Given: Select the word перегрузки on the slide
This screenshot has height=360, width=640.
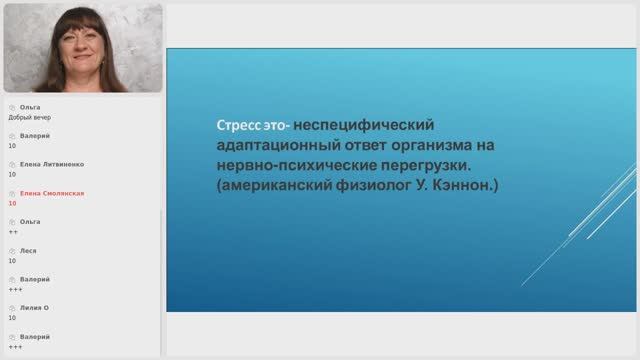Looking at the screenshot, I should click(x=421, y=165).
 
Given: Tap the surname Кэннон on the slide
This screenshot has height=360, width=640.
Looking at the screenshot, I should click(x=463, y=185).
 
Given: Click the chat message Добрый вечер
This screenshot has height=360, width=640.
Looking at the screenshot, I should click(x=30, y=116).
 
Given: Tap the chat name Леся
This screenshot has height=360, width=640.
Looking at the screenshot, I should click(x=29, y=251).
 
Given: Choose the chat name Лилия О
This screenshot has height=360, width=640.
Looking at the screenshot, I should click(x=35, y=308).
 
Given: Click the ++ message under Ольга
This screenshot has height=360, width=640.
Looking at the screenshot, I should click(x=13, y=231).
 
